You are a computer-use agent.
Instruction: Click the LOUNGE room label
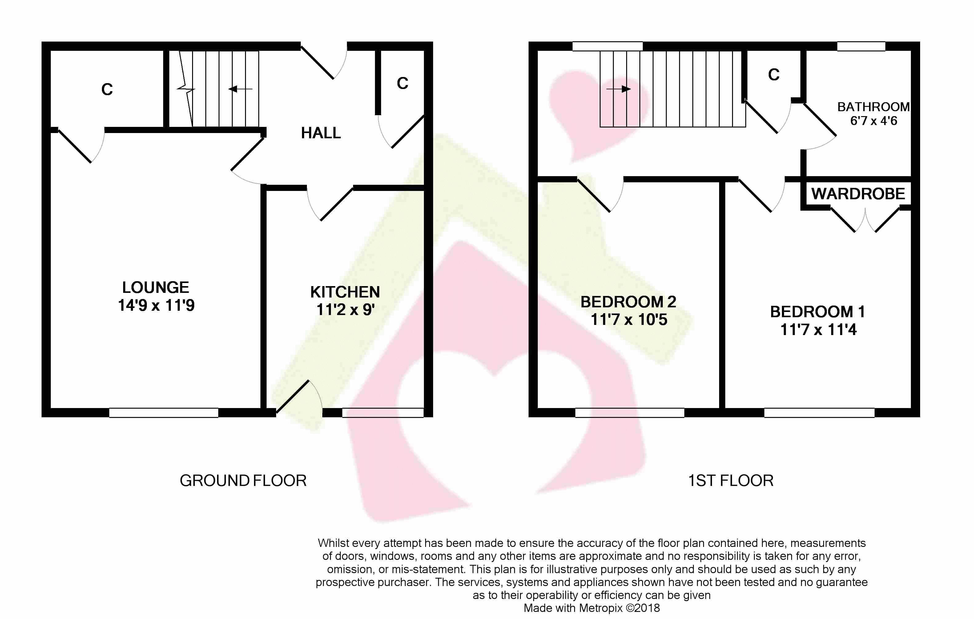156,288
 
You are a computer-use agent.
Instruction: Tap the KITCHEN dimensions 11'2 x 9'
345,309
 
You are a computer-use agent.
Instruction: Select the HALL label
321,133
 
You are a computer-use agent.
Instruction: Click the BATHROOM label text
873,107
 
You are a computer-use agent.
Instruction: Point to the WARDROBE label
858,194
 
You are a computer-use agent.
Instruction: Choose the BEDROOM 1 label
818,312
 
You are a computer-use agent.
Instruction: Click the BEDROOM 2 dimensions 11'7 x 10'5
629,320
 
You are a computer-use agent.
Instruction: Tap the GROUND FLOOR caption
243,481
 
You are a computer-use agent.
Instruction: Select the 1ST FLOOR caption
730,481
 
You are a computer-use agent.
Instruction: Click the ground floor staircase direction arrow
240,89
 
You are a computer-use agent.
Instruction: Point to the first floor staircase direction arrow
619,89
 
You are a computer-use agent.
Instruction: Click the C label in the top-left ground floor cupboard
107,89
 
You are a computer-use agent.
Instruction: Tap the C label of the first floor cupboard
774,75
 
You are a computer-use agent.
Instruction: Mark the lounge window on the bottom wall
164,413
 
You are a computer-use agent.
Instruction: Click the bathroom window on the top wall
861,46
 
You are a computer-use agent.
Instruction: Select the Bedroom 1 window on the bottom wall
819,413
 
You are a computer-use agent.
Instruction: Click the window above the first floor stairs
608,46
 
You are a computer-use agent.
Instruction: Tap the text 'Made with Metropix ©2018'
592,608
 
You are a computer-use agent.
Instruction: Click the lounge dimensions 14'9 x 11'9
156,305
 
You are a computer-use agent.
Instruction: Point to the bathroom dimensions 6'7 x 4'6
874,120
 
